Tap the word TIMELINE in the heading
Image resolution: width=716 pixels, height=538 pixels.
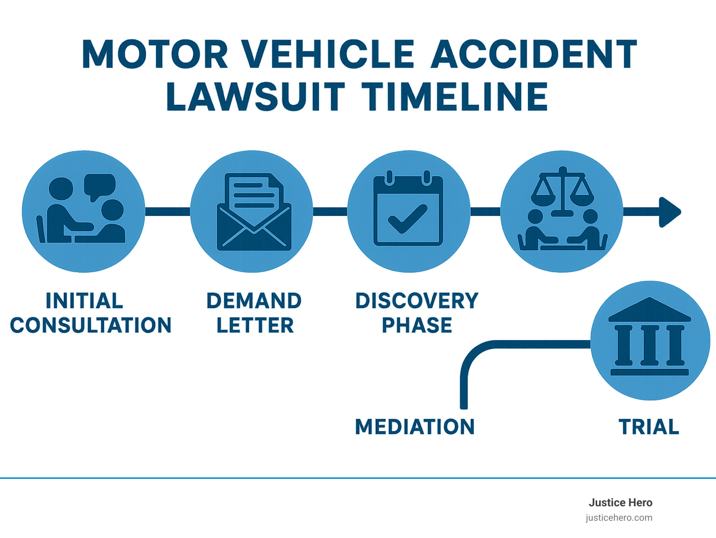tap(454, 97)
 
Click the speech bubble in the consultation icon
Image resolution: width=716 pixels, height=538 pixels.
tap(99, 186)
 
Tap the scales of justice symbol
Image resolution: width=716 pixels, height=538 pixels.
tap(562, 191)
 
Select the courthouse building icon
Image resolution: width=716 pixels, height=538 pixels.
tap(649, 338)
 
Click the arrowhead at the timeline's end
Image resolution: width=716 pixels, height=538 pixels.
tap(669, 212)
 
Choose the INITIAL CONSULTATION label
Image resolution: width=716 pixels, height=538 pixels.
tap(90, 313)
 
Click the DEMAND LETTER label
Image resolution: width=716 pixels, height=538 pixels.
tap(254, 313)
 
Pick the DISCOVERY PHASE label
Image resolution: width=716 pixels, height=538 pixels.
tap(417, 313)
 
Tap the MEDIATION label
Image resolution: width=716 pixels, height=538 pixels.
tap(414, 427)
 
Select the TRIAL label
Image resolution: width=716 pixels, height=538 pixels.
tap(648, 427)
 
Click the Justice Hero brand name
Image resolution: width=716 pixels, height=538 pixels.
tap(620, 503)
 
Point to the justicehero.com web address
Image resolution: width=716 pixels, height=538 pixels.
tap(619, 517)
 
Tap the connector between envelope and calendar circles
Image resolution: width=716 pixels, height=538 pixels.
tap(330, 212)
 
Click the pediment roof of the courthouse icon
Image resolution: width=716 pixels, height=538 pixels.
tap(649, 310)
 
